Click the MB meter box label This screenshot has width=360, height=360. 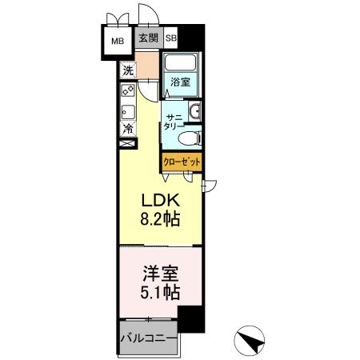tap(118, 39)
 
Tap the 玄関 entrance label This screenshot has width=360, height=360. tap(147, 38)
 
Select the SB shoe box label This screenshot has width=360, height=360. tap(171, 38)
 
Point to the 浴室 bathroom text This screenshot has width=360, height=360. tap(179, 82)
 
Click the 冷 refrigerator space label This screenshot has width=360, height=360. tap(128, 127)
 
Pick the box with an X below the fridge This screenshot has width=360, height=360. tap(127, 145)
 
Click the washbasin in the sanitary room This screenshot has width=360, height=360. tap(194, 112)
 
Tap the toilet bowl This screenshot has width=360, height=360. tap(189, 138)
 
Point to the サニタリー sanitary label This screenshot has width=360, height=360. tap(174, 121)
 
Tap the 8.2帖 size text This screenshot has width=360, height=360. tap(160, 218)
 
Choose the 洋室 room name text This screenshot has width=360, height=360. tap(160, 273)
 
